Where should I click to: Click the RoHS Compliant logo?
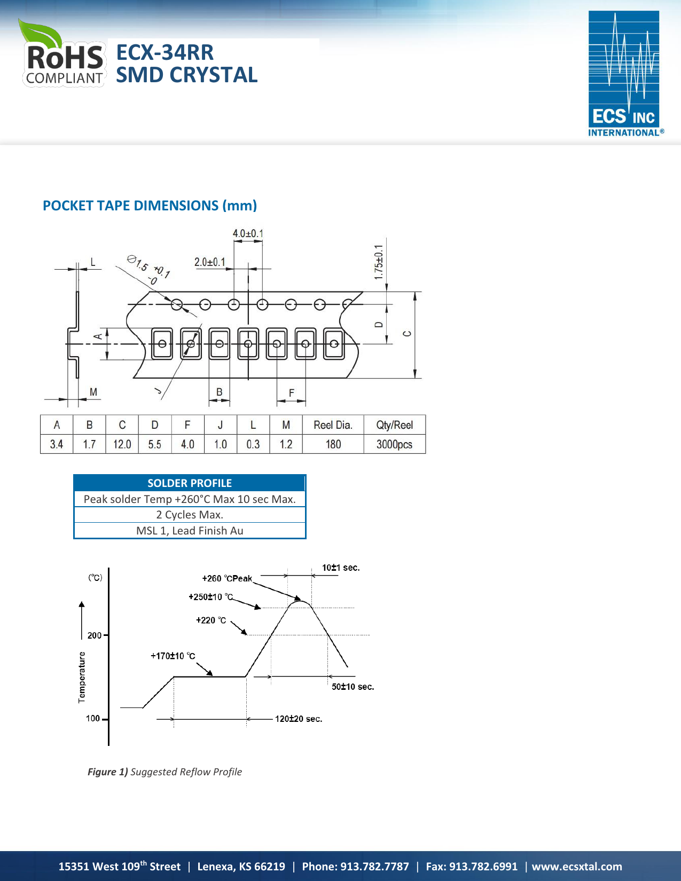pyautogui.click(x=63, y=55)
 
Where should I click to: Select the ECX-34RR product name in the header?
pyautogui.click(x=165, y=52)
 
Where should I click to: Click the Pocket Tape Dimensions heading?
pyautogui.click(x=150, y=206)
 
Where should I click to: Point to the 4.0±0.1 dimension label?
pyautogui.click(x=248, y=233)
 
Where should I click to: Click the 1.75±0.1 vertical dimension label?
pyautogui.click(x=379, y=262)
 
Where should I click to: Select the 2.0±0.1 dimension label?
pyautogui.click(x=210, y=262)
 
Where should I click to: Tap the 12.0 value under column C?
pyautogui.click(x=122, y=444)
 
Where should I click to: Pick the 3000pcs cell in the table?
pyautogui.click(x=394, y=444)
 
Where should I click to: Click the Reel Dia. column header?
pyautogui.click(x=333, y=425)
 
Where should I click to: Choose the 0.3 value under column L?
pyautogui.click(x=253, y=444)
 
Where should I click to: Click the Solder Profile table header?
pyautogui.click(x=190, y=483)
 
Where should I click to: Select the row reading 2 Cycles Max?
pyautogui.click(x=190, y=515)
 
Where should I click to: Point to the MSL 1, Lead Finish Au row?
pyautogui.click(x=190, y=531)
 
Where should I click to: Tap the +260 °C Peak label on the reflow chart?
pyautogui.click(x=227, y=578)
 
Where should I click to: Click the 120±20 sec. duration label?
pyautogui.click(x=299, y=719)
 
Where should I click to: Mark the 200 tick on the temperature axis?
pyautogui.click(x=95, y=635)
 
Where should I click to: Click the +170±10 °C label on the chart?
pyautogui.click(x=173, y=656)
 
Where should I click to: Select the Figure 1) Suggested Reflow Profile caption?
pyautogui.click(x=165, y=772)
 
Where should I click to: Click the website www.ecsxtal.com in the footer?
pyautogui.click(x=577, y=867)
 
